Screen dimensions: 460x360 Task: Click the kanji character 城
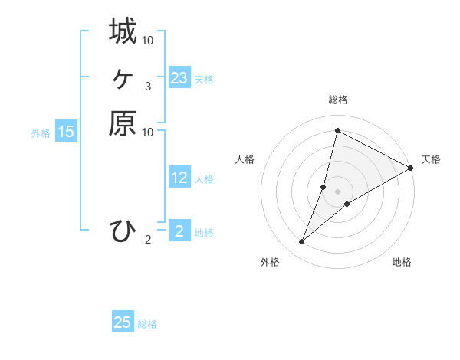click(123, 31)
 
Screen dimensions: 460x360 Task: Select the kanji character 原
click(123, 123)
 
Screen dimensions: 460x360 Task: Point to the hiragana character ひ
click(123, 231)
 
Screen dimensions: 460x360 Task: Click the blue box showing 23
click(179, 78)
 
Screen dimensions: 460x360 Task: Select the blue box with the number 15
click(66, 132)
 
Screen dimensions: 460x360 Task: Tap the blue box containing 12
click(179, 178)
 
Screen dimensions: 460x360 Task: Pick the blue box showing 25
click(123, 322)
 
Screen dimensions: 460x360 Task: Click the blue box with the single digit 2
click(179, 231)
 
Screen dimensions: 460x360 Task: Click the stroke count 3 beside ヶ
click(148, 87)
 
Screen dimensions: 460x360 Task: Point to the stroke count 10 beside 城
click(148, 40)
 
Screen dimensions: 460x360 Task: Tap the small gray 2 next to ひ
click(148, 240)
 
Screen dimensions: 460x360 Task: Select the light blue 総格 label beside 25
click(148, 324)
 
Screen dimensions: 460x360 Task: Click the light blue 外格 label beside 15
click(41, 133)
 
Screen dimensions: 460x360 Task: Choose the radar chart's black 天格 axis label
click(431, 159)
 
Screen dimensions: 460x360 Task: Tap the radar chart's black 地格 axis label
click(402, 262)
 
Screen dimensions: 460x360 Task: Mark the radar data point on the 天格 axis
click(410, 169)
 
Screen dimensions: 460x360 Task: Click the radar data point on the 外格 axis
click(301, 242)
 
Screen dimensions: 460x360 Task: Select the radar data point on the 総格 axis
click(337, 130)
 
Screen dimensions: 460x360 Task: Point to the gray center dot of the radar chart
click(337, 191)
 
